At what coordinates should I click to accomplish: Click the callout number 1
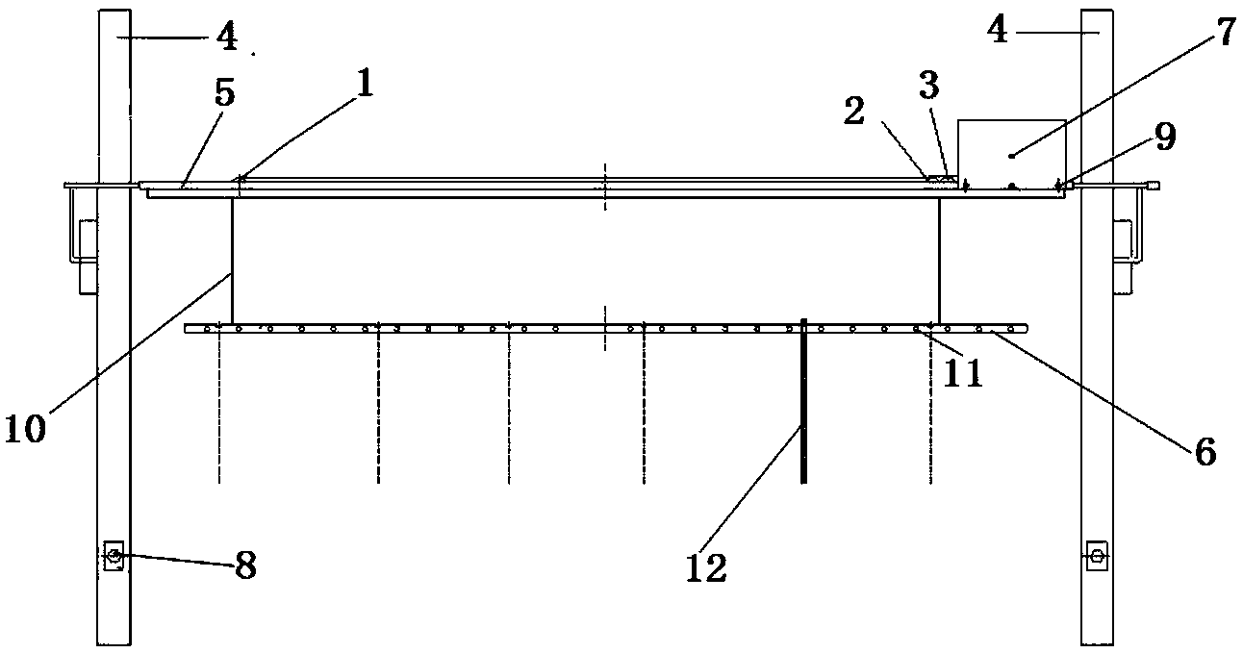(363, 85)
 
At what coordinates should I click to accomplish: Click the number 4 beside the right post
(998, 31)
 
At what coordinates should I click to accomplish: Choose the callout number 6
(1205, 449)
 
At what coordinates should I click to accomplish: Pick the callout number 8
(245, 565)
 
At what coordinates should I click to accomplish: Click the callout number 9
(1165, 138)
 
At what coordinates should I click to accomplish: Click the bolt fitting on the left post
(114, 556)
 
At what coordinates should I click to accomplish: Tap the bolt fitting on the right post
(1095, 556)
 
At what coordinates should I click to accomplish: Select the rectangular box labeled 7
(1012, 152)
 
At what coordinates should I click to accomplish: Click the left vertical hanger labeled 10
(232, 260)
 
